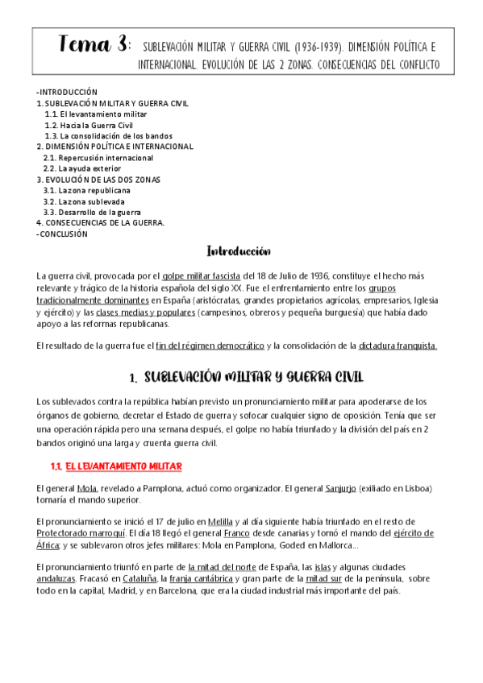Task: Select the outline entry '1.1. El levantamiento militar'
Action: click(x=95, y=114)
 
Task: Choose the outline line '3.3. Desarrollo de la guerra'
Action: click(x=92, y=212)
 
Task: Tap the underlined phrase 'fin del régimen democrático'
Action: click(x=210, y=346)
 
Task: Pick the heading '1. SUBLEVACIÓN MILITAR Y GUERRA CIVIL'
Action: click(x=246, y=377)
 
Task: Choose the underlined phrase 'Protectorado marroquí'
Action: click(x=79, y=533)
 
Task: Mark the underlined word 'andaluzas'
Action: click(x=56, y=578)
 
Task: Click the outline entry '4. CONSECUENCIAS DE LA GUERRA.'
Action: click(x=100, y=223)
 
